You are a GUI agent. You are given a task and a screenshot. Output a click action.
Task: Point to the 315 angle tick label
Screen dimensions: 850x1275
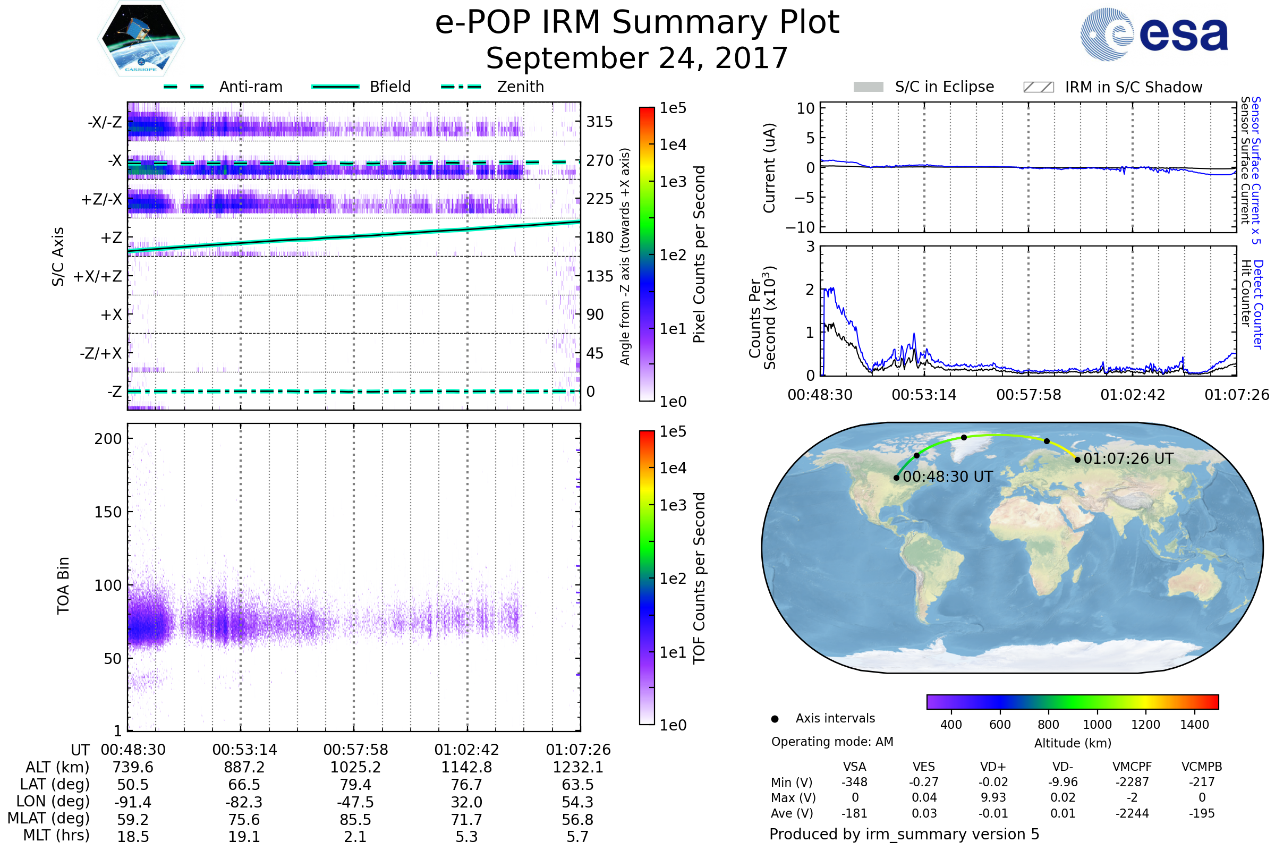click(599, 122)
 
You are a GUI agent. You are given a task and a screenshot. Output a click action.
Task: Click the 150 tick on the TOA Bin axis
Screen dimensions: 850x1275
click(108, 512)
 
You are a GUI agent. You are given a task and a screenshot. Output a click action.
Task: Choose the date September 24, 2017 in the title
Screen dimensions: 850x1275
click(637, 58)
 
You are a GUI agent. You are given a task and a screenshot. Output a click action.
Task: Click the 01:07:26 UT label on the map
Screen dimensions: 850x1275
click(1128, 459)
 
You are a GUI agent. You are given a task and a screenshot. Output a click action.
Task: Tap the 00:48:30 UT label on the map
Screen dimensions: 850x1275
click(948, 477)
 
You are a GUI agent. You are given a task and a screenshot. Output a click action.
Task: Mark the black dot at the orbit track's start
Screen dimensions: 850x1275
click(897, 478)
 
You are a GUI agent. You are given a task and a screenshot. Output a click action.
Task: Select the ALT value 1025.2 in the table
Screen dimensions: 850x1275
click(355, 768)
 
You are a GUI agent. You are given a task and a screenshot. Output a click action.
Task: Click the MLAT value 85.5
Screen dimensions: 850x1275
click(355, 820)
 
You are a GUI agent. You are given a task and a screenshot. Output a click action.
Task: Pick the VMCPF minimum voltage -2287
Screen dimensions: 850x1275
click(1132, 782)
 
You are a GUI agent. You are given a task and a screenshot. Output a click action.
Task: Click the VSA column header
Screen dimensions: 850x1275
click(854, 767)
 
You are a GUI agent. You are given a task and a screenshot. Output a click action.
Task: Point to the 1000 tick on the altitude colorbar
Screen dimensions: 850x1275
click(1097, 725)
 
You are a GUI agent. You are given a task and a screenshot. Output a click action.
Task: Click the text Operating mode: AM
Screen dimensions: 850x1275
click(832, 742)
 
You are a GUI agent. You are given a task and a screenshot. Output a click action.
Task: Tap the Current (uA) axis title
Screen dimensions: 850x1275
click(769, 168)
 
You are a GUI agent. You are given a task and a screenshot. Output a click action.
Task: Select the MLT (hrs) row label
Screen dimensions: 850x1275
click(56, 835)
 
